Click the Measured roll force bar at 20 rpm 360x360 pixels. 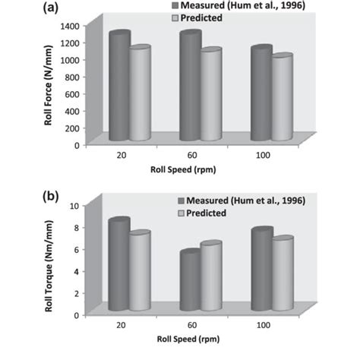(x=119, y=87)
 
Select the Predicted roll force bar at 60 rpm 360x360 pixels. (x=210, y=96)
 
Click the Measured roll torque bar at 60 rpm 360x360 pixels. (x=190, y=281)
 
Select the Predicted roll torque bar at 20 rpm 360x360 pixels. (x=139, y=272)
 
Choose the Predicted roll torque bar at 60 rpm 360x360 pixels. (x=210, y=276)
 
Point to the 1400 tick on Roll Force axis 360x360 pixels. (x=68, y=26)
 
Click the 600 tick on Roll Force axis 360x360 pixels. (x=71, y=93)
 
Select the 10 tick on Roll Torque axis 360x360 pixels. (x=74, y=206)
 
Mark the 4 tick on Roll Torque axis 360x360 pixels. (x=75, y=271)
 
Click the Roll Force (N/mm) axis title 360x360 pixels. (x=48, y=84)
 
